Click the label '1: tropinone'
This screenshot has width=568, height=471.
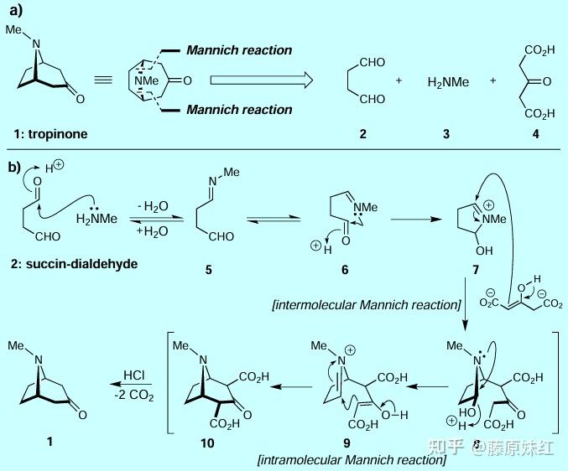[x=52, y=133]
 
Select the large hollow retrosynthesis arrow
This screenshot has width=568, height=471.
[x=261, y=80]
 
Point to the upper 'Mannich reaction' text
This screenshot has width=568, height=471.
[x=239, y=50]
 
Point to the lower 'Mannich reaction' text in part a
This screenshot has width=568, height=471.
[x=239, y=109]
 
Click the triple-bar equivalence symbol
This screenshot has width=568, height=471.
[x=103, y=80]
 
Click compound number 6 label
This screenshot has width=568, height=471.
[x=343, y=271]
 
